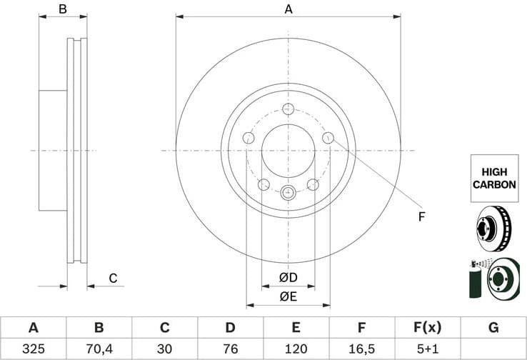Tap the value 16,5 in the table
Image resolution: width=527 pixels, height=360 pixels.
tap(361, 350)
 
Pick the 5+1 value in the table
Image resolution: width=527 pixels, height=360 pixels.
tap(427, 350)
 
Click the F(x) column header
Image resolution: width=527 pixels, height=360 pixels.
tap(427, 328)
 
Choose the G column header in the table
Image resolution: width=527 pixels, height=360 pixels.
tap(493, 328)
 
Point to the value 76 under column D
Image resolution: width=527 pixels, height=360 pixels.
tap(230, 350)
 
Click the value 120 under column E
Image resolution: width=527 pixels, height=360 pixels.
tap(296, 350)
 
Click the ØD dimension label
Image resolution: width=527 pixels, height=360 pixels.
tap(288, 278)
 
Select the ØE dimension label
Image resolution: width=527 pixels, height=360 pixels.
tap(288, 296)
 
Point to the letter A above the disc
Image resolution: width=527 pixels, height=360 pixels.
tap(288, 9)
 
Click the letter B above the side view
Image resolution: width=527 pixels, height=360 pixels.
tap(63, 9)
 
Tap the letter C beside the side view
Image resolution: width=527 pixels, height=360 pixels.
tap(113, 278)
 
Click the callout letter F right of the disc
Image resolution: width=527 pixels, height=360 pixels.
tap(421, 216)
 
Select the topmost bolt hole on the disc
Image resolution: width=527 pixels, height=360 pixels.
tap(288, 109)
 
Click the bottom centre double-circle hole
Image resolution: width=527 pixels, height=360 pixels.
tap(288, 191)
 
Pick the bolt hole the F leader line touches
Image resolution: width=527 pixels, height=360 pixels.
tap(328, 138)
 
